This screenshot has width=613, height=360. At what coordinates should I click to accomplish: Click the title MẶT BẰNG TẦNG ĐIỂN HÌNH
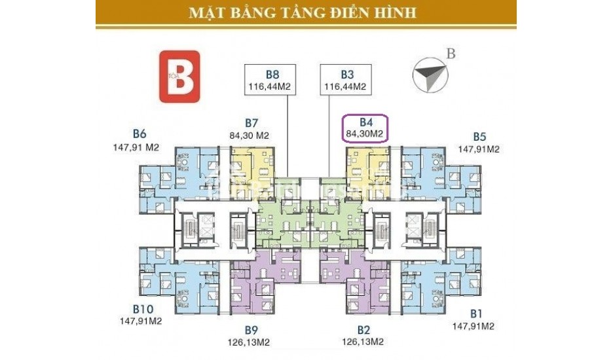click(306, 12)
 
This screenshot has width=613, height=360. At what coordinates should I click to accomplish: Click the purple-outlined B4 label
click(366, 128)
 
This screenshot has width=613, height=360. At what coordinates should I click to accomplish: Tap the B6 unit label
click(138, 134)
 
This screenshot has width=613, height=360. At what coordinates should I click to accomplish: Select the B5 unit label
click(479, 137)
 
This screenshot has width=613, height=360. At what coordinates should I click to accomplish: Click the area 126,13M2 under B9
click(252, 342)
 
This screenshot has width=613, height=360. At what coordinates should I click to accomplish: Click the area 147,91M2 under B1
click(473, 325)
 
